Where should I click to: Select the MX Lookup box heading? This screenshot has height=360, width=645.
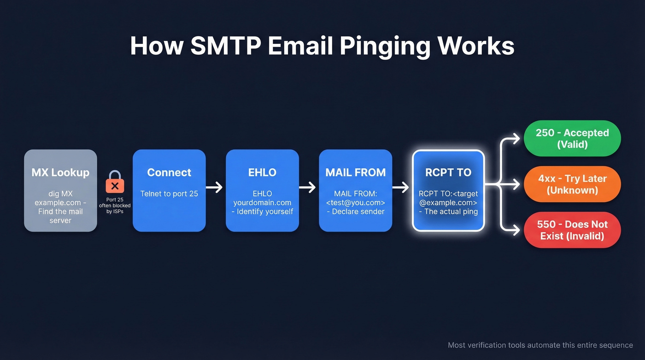[x=60, y=172]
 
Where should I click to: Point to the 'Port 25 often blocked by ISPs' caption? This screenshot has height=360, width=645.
[x=115, y=206]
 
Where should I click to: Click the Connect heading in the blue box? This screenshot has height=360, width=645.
[x=169, y=172]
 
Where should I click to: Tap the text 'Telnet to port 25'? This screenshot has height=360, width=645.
[x=169, y=194]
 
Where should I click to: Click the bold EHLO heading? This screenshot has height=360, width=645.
[x=262, y=172]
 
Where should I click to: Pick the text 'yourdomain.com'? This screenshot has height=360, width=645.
[x=262, y=202]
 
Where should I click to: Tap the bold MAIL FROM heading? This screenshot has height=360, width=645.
[x=355, y=172]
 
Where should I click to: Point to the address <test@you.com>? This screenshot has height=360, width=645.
[x=355, y=202]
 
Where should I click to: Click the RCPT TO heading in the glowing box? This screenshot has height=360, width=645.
[x=448, y=172]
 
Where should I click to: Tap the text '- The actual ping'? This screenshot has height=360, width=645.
[x=448, y=212]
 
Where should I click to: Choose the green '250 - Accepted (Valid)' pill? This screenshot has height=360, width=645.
[x=572, y=138]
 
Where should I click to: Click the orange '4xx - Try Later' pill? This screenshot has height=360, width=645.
[x=572, y=184]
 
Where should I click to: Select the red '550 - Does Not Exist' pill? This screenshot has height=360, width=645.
[x=572, y=230]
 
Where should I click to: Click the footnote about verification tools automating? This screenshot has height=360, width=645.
[x=540, y=345]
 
